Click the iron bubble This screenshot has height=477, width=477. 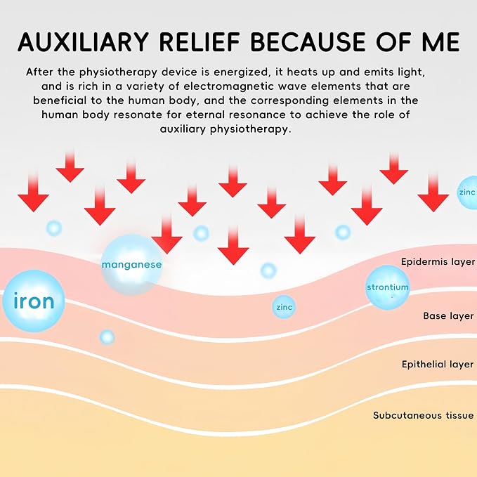click(34, 301)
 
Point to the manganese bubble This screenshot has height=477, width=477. click(131, 264)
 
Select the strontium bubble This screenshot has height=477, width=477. click(387, 287)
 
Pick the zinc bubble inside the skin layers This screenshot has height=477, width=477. click(284, 307)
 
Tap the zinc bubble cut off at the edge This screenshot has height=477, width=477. click(467, 192)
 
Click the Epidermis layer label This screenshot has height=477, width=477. click(438, 261)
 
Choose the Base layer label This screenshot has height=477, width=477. click(448, 315)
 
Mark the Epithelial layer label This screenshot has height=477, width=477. click(438, 364)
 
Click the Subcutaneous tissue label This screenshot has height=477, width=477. click(423, 415)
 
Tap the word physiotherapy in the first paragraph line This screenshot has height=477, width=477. click(118, 72)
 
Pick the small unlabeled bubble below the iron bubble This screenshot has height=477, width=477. click(107, 337)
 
